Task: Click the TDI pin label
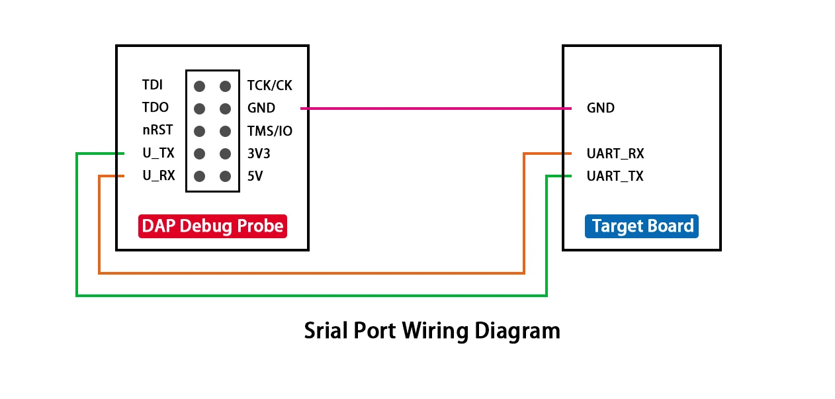point(152,85)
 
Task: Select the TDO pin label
point(155,108)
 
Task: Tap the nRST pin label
point(157,130)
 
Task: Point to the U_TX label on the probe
point(159,154)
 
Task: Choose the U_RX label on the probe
point(159,177)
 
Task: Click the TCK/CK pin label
point(269,85)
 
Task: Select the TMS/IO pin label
point(269,131)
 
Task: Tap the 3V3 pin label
point(259,154)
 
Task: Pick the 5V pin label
point(255,177)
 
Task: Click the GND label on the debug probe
point(261,108)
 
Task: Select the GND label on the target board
point(600,108)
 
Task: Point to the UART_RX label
point(615,154)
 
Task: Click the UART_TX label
point(615,177)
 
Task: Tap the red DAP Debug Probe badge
point(212,226)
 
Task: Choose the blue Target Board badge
point(642,226)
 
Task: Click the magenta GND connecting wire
point(430,108)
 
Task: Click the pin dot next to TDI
point(200,86)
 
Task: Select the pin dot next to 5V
point(225,177)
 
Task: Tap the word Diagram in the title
point(517,330)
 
